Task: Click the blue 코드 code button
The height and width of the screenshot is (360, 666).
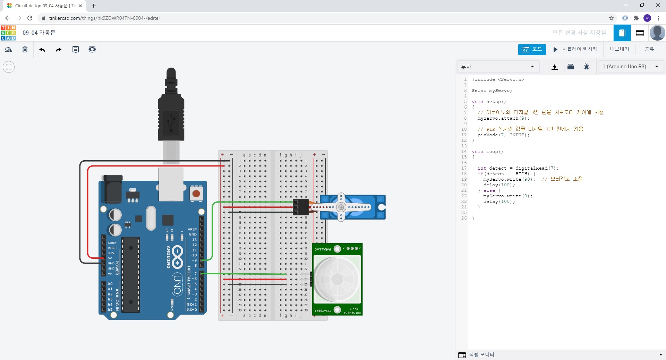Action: click(x=532, y=49)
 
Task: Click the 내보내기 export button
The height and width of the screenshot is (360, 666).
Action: click(x=620, y=49)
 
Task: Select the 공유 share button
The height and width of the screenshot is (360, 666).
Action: click(x=649, y=49)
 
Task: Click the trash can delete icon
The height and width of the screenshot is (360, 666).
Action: click(x=25, y=50)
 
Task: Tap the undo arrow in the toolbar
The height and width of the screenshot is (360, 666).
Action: click(x=42, y=50)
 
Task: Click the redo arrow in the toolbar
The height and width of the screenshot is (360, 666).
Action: click(x=58, y=50)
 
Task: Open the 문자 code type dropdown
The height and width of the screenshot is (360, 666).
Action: click(x=497, y=67)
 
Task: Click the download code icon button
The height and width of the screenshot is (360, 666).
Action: click(x=555, y=67)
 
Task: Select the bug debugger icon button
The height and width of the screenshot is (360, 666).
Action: click(x=587, y=67)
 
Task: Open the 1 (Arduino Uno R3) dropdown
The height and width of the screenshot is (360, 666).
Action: click(x=630, y=67)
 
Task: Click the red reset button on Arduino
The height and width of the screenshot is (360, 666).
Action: click(x=196, y=194)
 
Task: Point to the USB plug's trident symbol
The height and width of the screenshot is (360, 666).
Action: click(x=171, y=123)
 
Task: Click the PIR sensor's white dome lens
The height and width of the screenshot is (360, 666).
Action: click(x=337, y=279)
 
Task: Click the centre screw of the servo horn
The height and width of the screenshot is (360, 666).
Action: click(x=341, y=207)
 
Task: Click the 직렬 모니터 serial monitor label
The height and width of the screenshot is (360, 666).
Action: click(x=481, y=354)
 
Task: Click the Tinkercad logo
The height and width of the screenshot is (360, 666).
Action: click(x=8, y=33)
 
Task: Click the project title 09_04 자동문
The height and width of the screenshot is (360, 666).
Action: click(x=39, y=33)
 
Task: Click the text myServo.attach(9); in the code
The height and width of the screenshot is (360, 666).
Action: click(x=503, y=118)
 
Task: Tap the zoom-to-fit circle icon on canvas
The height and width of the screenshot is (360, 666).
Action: click(x=9, y=67)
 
